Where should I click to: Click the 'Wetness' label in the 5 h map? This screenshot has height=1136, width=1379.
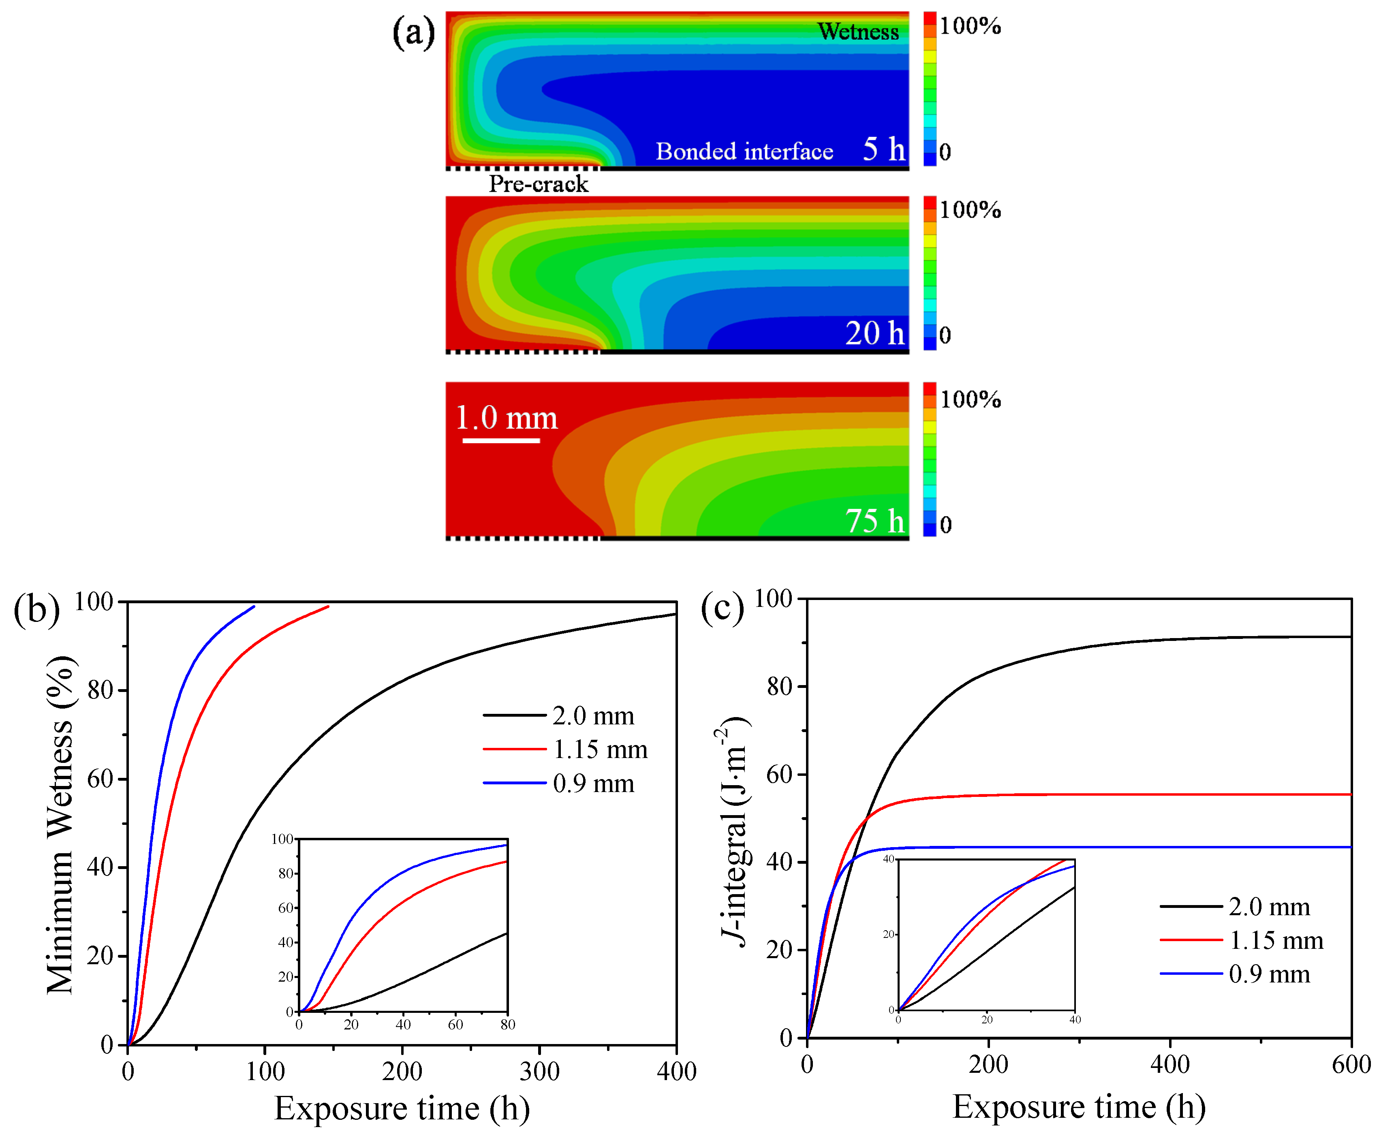point(857,32)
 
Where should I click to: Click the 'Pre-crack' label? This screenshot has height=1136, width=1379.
point(538,184)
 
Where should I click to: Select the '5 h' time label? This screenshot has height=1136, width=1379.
point(883,149)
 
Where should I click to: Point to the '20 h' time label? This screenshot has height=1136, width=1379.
point(874,333)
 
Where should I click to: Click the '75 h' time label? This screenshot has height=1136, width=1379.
point(874,521)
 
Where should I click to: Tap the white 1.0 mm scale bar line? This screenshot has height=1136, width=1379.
point(501,440)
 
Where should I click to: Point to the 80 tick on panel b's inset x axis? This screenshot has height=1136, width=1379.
point(508,1025)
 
